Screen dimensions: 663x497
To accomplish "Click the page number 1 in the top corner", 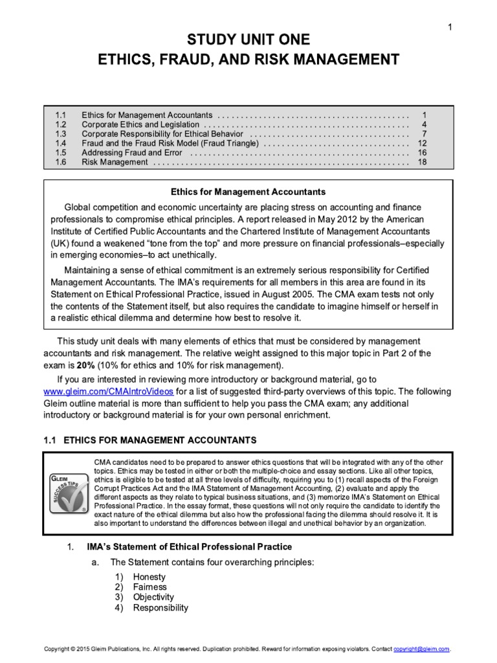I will (448, 26).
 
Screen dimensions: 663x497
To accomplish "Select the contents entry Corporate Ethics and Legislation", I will (141, 124).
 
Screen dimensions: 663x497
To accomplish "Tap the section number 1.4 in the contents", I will (61, 143).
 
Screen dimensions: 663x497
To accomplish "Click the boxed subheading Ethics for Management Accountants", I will (248, 192).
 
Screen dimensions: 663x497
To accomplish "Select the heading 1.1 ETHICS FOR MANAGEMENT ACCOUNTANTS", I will (149, 440).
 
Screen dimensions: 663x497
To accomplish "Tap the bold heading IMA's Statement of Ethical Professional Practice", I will (190, 547).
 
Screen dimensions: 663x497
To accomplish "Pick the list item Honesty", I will (149, 577).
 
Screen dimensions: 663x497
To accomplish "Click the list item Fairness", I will (149, 587).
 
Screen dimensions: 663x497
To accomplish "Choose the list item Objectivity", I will (153, 597).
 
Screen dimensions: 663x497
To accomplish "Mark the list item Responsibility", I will (160, 607).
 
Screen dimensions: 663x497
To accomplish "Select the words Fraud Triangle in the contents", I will (232, 143).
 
